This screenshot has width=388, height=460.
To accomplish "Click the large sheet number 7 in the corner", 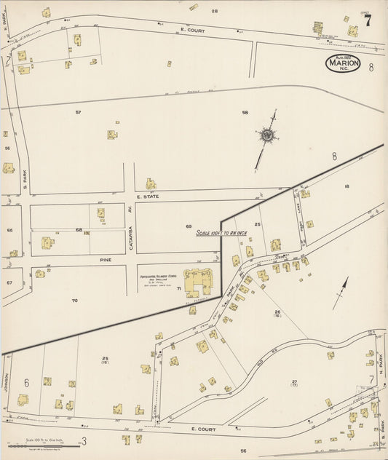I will click(368, 20).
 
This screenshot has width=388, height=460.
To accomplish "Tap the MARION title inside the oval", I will click(343, 64).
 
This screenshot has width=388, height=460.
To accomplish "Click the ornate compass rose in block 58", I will click(268, 135).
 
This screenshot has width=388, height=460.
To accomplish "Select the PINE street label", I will click(106, 258).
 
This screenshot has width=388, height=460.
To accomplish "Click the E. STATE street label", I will click(147, 197).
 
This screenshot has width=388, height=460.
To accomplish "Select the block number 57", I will click(78, 112).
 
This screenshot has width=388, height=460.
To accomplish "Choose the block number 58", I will click(245, 112).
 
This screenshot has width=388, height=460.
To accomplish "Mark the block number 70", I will click(74, 300).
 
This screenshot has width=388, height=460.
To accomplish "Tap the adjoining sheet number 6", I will click(26, 383).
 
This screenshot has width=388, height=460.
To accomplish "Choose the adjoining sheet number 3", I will click(84, 440).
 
